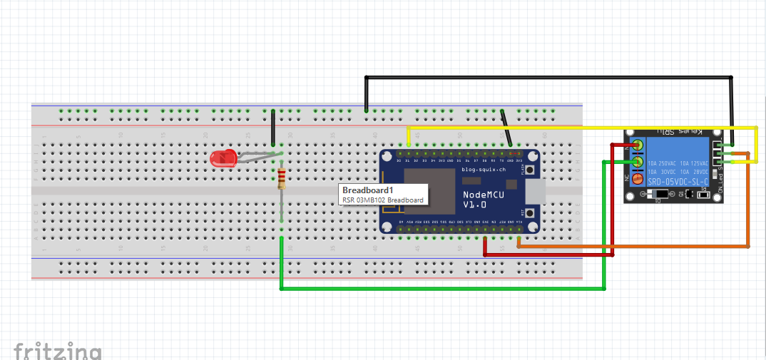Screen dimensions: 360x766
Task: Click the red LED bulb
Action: (222, 158)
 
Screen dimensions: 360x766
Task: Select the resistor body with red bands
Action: (282, 179)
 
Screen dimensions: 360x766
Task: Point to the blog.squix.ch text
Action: (485, 170)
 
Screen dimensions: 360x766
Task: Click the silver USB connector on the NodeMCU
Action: (533, 190)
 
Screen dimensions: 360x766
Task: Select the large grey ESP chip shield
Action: (428, 190)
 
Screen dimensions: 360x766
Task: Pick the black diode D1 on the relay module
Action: (661, 194)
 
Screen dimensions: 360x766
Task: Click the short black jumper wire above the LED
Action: (272, 128)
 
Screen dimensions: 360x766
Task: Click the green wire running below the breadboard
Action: (442, 289)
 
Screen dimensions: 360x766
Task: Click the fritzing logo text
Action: (57, 351)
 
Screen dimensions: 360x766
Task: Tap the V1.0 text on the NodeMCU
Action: (475, 205)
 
